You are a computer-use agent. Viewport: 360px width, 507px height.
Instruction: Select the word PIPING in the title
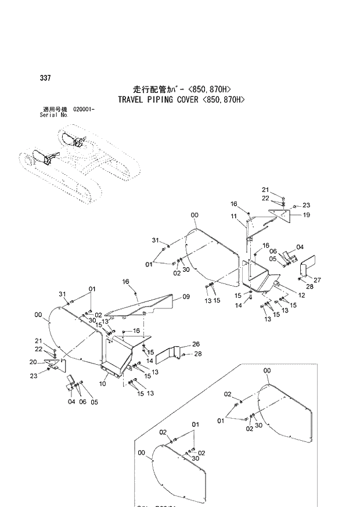[x=165, y=99]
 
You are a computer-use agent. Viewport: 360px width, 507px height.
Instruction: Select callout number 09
[x=186, y=297]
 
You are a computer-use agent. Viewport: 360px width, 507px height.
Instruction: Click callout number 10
[x=103, y=384]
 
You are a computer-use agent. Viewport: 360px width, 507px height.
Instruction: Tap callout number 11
[x=234, y=217]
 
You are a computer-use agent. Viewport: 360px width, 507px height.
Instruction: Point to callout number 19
[x=306, y=215]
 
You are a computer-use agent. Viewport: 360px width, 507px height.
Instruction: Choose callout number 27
[x=317, y=279]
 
